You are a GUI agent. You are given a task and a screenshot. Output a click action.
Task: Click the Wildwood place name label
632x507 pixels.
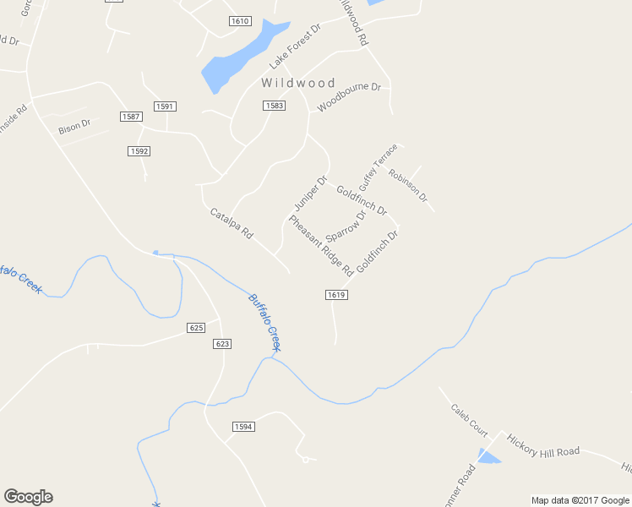click(298, 83)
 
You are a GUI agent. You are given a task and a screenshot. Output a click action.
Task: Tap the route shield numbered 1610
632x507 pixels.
click(240, 21)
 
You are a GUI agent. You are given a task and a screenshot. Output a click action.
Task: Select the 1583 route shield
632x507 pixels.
click(273, 106)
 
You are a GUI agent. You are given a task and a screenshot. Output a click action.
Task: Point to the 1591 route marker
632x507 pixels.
click(165, 106)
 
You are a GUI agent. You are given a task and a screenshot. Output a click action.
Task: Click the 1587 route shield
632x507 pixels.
click(131, 117)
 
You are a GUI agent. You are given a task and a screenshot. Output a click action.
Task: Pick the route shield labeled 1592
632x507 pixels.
click(139, 151)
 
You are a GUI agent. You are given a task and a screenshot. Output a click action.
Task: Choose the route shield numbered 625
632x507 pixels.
click(196, 327)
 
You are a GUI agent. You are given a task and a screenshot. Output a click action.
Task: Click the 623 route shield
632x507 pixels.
click(222, 344)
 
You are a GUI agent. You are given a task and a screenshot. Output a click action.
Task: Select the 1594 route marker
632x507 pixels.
click(243, 427)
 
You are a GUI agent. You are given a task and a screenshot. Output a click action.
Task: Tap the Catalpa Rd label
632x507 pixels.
click(232, 222)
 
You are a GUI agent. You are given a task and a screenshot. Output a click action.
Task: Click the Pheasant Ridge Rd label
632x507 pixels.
click(320, 246)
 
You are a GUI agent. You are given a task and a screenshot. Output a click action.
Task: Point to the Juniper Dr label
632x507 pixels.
click(310, 194)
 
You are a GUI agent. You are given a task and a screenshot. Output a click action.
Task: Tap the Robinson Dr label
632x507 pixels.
click(408, 186)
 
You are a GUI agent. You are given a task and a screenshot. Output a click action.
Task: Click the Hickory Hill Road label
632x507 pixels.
click(542, 445)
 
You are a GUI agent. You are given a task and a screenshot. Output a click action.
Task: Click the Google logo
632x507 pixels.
click(28, 497)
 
